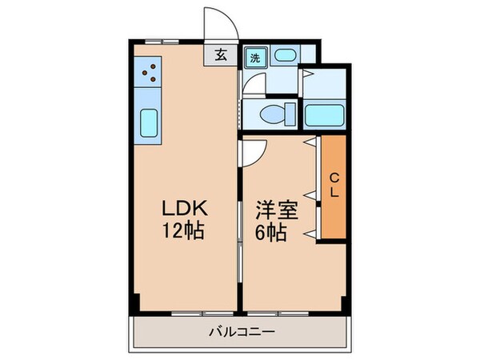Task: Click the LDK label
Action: tap(185, 210)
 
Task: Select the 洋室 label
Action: tap(276, 211)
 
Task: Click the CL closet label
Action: tap(334, 185)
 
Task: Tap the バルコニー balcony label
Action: tap(238, 331)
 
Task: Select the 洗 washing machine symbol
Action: tap(254, 57)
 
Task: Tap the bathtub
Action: tap(324, 115)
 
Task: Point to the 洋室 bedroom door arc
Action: tap(251, 153)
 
